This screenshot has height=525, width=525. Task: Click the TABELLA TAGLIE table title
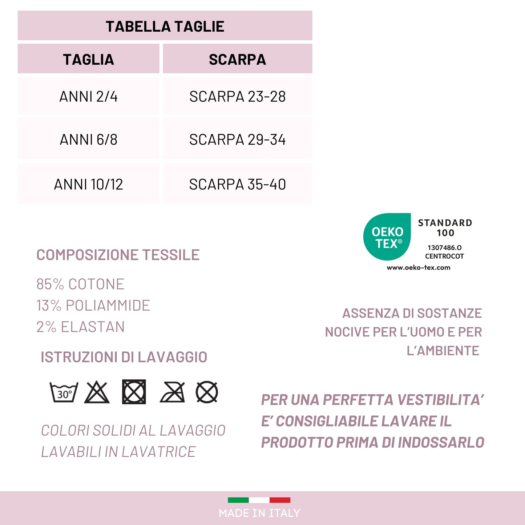coord(165,27)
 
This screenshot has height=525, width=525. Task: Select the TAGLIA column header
coord(89,60)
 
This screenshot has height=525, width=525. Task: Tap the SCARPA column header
coord(237,60)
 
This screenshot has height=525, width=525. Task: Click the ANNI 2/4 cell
coord(89,97)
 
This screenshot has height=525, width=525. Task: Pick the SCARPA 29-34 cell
coord(237,140)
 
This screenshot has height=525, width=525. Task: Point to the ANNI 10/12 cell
coord(89,184)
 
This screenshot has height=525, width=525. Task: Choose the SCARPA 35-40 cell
coord(237,184)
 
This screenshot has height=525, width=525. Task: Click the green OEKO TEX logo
coord(387,237)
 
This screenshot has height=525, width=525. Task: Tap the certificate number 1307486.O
coord(444,247)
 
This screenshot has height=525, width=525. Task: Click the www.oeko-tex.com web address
coord(418,267)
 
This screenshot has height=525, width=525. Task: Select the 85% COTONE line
coord(80,284)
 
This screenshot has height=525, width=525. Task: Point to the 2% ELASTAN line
coord(80,327)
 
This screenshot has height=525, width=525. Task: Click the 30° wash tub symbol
coord(64,392)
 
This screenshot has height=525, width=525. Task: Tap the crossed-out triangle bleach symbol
coord(97,392)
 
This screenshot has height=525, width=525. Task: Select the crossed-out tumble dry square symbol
coord(134,392)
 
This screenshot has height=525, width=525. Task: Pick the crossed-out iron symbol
coord(172,392)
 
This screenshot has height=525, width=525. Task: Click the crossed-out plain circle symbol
coord(207,392)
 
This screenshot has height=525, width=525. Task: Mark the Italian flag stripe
coord(259,500)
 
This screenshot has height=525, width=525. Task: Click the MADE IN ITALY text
coord(259,513)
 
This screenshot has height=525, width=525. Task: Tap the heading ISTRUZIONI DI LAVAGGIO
coord(124,357)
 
